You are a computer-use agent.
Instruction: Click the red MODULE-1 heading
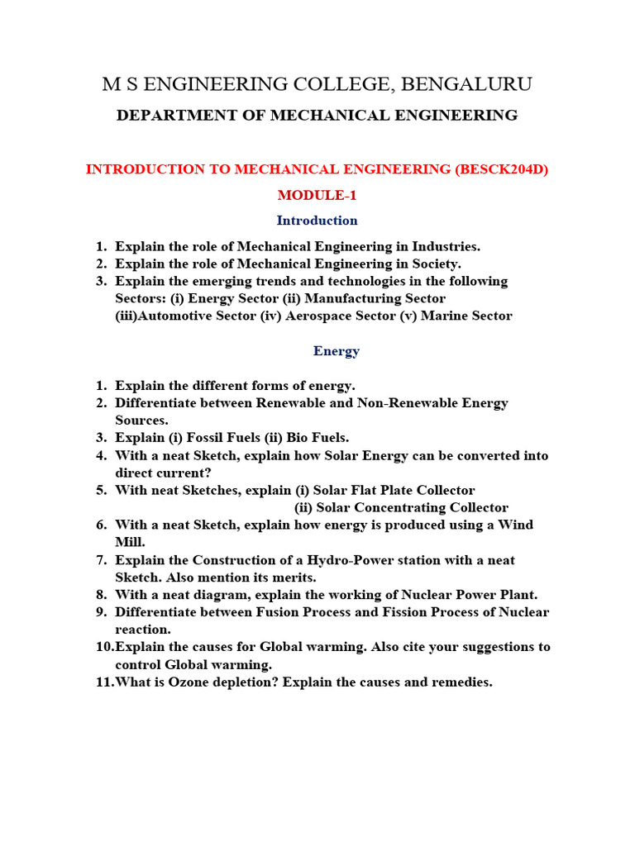317,195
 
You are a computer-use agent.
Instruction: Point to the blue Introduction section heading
317,221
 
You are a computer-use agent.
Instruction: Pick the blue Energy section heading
336,351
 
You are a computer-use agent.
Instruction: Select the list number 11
103,682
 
